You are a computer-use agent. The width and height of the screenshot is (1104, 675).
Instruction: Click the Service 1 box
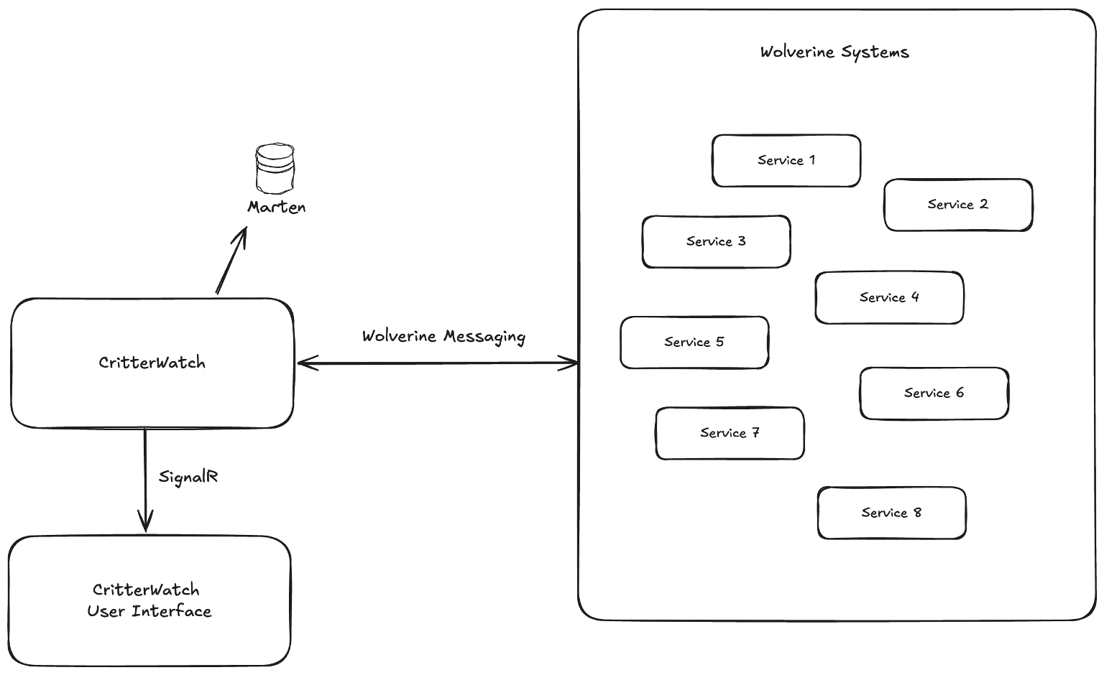786,161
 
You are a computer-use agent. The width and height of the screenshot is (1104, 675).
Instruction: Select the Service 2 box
957,205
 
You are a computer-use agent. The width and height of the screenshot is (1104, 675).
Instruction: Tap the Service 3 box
716,242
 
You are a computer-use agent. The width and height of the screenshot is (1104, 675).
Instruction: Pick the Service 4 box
889,298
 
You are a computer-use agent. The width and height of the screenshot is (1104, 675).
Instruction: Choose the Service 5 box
694,343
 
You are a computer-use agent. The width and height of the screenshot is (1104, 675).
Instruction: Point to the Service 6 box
934,394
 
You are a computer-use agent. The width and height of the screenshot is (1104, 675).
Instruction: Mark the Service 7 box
730,434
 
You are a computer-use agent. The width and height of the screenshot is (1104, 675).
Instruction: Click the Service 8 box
891,513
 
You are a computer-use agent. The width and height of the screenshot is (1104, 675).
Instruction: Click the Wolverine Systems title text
834,52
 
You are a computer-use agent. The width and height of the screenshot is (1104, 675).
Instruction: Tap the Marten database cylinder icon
275,169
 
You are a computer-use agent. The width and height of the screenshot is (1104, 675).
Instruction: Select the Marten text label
277,208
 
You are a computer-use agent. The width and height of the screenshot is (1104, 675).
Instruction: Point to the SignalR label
188,477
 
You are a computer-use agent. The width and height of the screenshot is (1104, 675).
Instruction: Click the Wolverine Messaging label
443,337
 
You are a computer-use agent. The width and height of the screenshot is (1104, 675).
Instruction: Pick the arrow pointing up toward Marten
231,261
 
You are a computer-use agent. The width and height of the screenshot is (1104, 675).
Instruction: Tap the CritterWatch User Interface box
149,600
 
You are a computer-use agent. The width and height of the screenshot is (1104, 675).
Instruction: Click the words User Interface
149,612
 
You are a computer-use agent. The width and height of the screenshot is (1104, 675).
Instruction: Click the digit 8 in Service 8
917,513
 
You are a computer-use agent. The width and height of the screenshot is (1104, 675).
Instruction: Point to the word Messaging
484,337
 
